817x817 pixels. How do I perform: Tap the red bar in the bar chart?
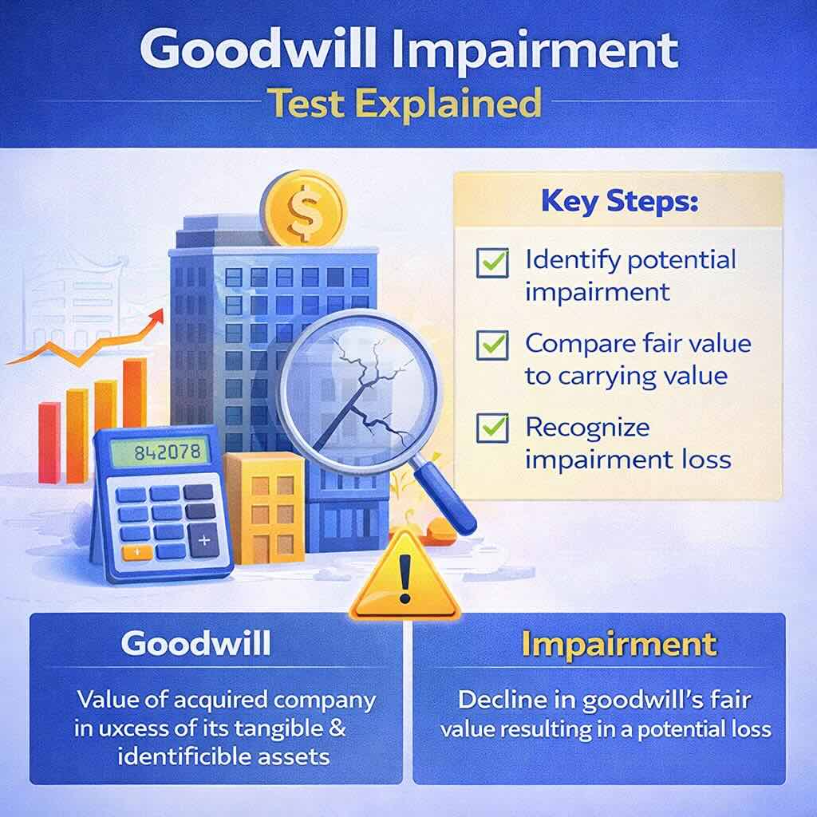[x=49, y=442]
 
